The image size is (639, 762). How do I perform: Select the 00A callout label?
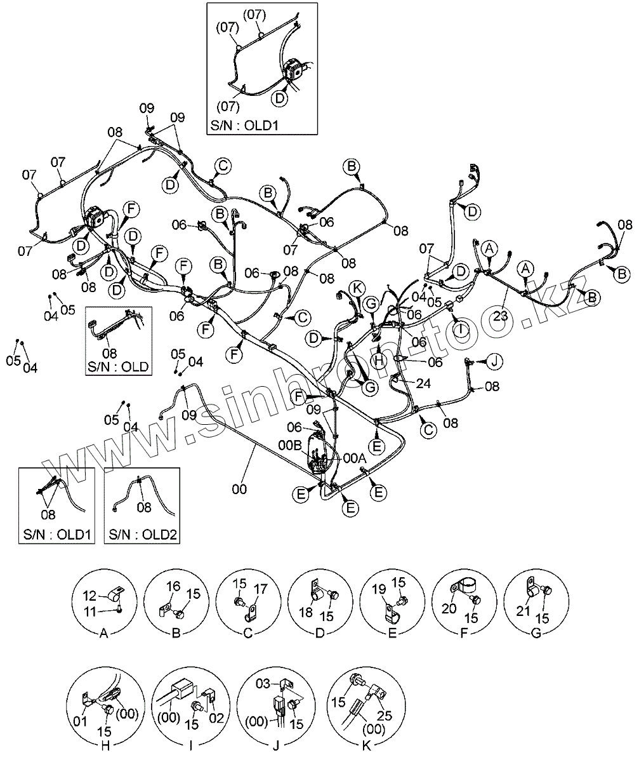tap(354, 457)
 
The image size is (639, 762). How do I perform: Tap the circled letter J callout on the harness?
tap(495, 361)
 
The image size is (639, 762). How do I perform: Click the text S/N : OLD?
tap(119, 366)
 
